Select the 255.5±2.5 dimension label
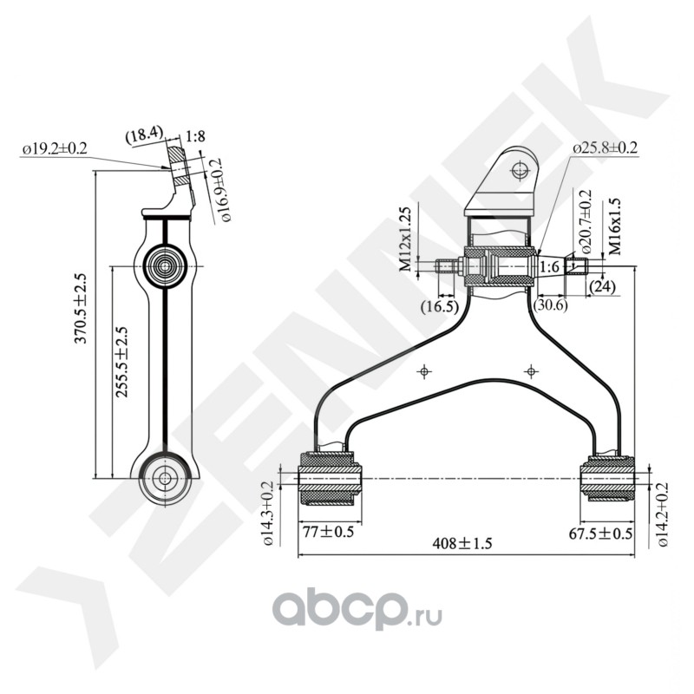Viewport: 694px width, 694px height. coord(121,362)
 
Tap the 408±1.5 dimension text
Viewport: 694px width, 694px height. coord(462,544)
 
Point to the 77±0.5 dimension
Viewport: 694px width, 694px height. coord(327,532)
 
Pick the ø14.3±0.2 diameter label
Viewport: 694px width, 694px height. coord(269,514)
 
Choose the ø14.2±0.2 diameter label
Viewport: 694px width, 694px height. coord(663,515)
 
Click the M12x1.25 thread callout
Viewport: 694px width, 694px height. coord(405,239)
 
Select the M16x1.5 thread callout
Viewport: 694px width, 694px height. coord(614,226)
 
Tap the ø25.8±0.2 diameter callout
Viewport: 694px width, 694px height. coord(605,148)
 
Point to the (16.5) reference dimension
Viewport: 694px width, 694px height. coord(440,305)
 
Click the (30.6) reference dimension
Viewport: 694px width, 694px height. coord(551,304)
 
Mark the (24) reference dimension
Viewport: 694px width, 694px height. coord(601,285)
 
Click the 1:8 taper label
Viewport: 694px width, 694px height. coord(195,136)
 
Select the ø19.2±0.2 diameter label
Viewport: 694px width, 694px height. coord(55,149)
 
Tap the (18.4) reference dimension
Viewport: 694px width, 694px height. coord(143,134)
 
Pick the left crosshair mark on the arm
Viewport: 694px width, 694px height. coord(423,371)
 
